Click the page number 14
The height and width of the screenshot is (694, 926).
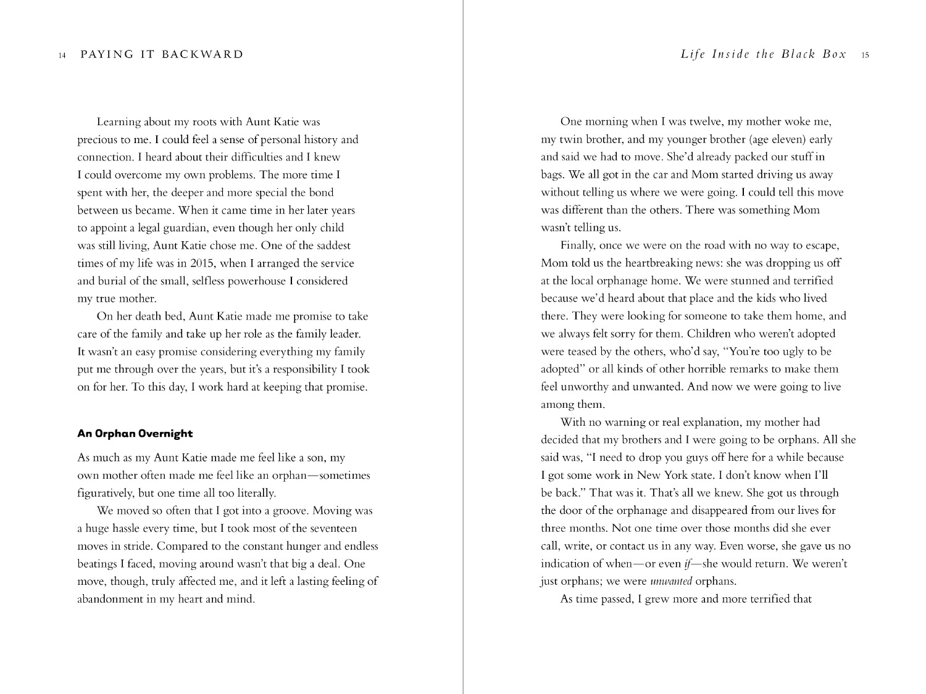pyautogui.click(x=62, y=56)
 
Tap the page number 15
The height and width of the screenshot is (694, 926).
pyautogui.click(x=865, y=56)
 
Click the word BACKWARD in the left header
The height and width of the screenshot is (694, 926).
pyautogui.click(x=202, y=54)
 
